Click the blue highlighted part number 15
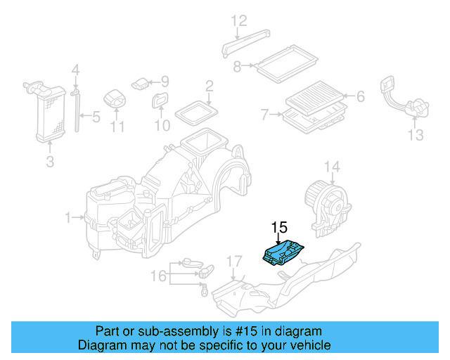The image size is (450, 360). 284,253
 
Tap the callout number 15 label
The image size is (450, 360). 279,227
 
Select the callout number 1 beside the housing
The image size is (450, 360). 69,219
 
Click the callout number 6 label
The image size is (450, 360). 360,96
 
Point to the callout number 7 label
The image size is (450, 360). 264,114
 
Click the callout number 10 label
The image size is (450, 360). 162,126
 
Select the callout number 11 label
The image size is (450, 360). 117,127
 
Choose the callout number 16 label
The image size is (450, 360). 160,276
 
